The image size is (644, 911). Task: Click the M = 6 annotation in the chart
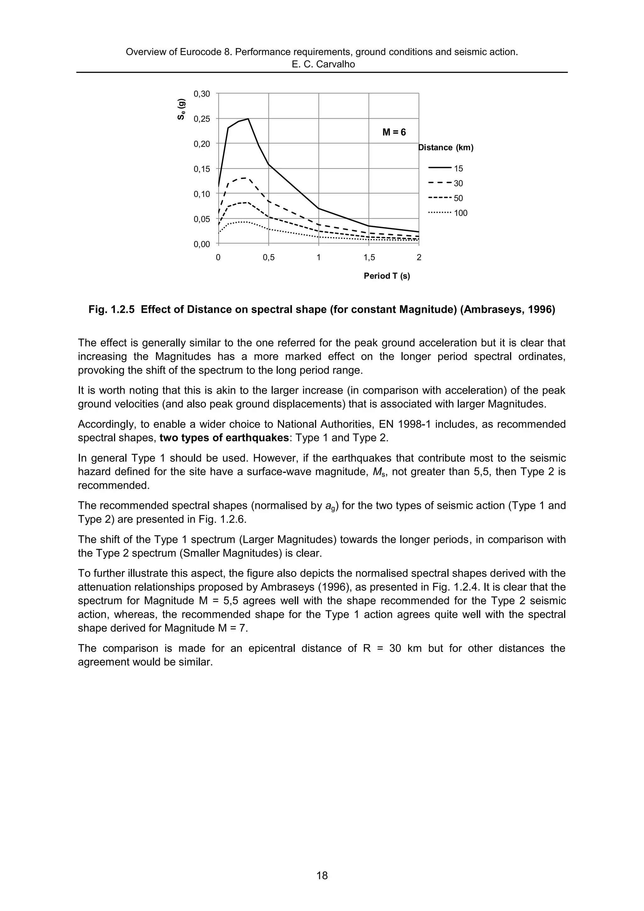394,132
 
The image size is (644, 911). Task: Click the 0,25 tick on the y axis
202,119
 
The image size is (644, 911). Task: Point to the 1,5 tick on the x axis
369,258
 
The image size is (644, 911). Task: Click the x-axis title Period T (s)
386,276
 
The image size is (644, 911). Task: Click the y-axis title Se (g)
181,109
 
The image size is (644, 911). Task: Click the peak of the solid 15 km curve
248,119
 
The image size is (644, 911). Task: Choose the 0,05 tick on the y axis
202,219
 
